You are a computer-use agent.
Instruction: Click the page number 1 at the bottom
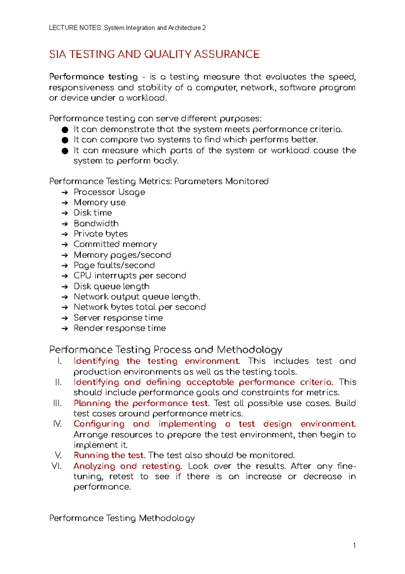click(354, 545)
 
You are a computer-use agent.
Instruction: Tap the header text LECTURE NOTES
click(75, 28)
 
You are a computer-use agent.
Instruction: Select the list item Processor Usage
click(109, 192)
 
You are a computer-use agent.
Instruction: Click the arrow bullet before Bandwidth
click(65, 224)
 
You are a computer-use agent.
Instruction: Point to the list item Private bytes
click(101, 234)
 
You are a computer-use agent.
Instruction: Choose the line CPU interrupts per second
click(130, 276)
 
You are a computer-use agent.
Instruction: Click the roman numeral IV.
click(57, 424)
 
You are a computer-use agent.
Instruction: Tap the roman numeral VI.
click(57, 466)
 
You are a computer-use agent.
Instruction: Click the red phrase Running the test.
click(109, 455)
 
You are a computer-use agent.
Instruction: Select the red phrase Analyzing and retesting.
click(128, 466)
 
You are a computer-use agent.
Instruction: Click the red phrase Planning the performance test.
click(141, 403)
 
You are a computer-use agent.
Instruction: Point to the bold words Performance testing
click(93, 77)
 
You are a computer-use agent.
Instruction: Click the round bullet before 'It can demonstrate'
click(65, 130)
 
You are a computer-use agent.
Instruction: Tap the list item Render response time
click(119, 328)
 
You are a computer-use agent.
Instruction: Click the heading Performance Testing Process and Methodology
click(165, 350)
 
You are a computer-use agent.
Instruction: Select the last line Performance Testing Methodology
click(122, 518)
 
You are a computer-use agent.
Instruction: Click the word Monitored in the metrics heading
click(247, 182)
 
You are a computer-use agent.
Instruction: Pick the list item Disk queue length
click(111, 286)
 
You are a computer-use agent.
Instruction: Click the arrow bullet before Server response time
click(65, 318)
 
